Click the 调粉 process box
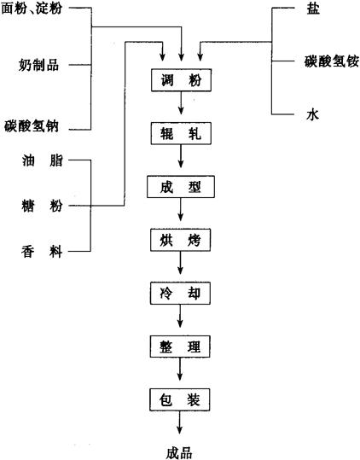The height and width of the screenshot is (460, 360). click(181, 80)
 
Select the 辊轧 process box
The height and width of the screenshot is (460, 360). click(181, 133)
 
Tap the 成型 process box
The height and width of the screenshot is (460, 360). click(181, 187)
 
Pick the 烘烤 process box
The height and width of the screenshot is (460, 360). click(180, 240)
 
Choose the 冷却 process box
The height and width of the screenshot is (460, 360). click(180, 293)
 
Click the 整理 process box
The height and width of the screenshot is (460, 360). click(180, 346)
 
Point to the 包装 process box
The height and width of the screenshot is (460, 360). click(180, 399)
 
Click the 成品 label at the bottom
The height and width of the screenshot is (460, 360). click(179, 452)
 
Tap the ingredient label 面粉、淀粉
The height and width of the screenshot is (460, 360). click(32, 8)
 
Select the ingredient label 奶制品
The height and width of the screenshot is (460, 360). click(38, 65)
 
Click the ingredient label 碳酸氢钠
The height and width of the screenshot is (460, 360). click(32, 126)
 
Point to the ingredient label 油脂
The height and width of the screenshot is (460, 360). click(42, 160)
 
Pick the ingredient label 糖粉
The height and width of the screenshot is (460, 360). click(42, 206)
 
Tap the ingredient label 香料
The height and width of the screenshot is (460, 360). click(42, 252)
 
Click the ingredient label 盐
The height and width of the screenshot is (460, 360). click(313, 9)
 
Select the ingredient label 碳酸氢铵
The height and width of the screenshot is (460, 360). click(332, 61)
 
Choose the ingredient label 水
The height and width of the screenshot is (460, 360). click(312, 114)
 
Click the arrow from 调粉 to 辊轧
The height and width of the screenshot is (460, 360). click(181, 102)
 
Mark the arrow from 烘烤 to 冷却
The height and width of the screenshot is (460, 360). click(180, 263)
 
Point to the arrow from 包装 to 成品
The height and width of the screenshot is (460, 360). click(179, 422)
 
